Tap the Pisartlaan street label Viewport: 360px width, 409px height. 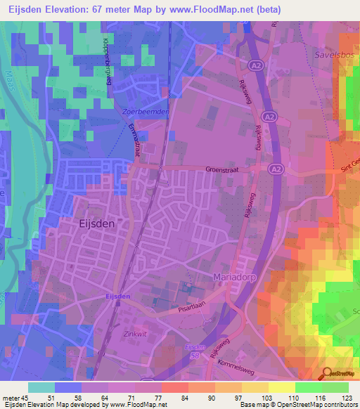tap(195, 306)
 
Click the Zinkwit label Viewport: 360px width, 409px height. tap(134, 335)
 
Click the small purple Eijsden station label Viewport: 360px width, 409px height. tap(117, 297)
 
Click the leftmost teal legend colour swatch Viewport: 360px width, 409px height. tap(41, 387)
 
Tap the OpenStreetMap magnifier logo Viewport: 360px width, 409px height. tap(326, 375)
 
